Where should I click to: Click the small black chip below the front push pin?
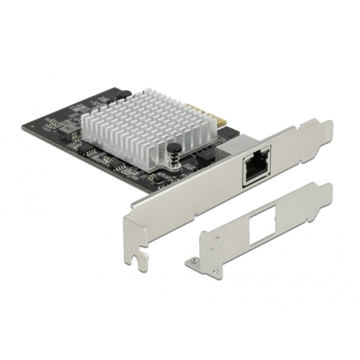click(x=160, y=177)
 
